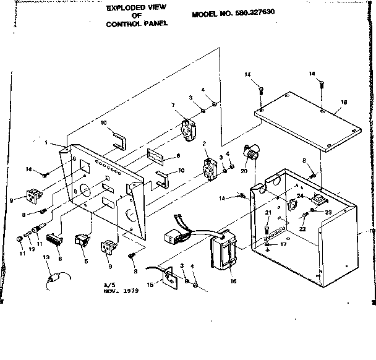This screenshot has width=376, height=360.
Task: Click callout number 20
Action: pyautogui.click(x=244, y=170)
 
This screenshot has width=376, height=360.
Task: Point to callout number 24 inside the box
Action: pyautogui.click(x=299, y=196)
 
